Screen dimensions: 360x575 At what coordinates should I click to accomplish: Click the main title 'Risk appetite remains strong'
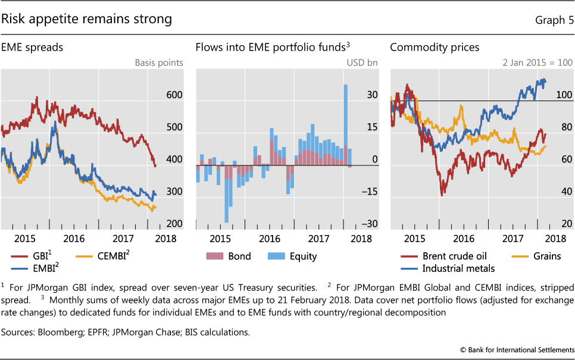86,19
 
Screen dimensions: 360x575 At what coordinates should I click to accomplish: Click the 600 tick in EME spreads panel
175,95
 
